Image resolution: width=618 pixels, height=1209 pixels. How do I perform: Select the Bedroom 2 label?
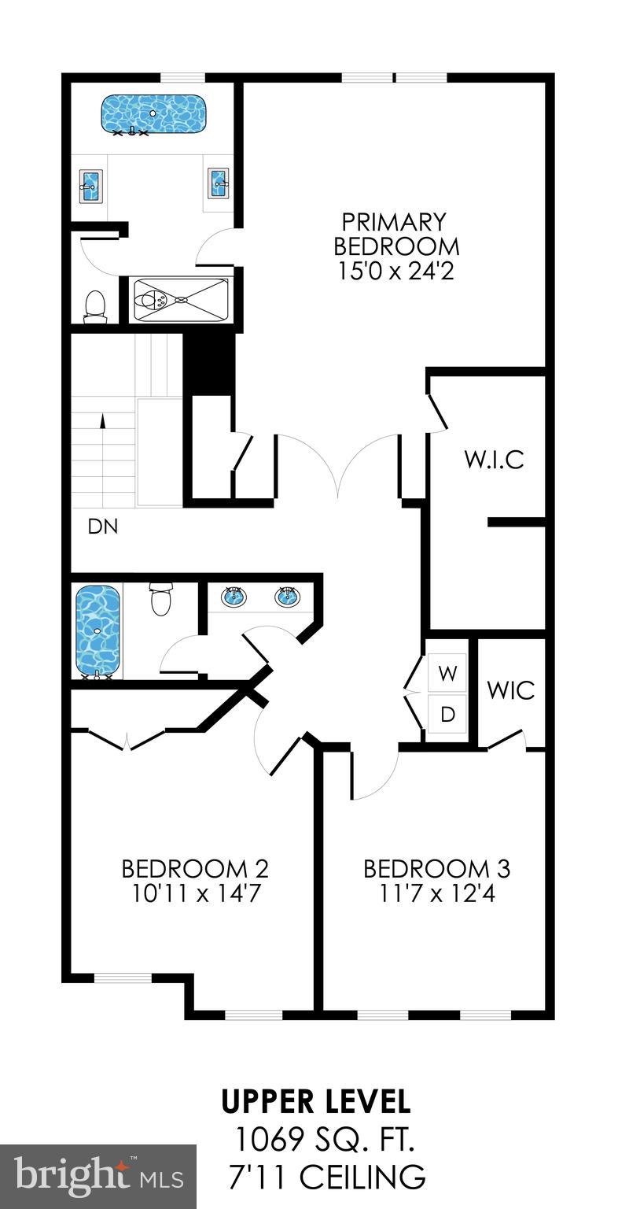(x=194, y=869)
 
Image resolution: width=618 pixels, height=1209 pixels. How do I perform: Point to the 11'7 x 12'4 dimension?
(x=436, y=894)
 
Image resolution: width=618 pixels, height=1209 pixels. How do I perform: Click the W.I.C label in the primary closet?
(x=493, y=459)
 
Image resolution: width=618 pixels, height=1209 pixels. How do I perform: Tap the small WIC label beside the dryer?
(x=511, y=690)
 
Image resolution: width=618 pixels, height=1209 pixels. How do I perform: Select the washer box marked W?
(x=447, y=674)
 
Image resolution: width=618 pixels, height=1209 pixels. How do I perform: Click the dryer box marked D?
(x=447, y=715)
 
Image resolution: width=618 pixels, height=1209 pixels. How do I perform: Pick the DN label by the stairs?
(x=103, y=527)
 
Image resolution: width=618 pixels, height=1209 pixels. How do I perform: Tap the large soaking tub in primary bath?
(x=154, y=114)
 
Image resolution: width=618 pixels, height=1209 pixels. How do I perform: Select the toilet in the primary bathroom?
(x=95, y=306)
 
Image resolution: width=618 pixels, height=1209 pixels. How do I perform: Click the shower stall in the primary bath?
(x=181, y=299)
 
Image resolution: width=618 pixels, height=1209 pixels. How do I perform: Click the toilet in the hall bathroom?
(x=161, y=599)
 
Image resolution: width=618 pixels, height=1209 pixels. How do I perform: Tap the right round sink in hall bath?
(x=288, y=596)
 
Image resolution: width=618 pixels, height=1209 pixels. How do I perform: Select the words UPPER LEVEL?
(x=315, y=1102)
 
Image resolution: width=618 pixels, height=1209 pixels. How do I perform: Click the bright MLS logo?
(x=98, y=1177)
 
